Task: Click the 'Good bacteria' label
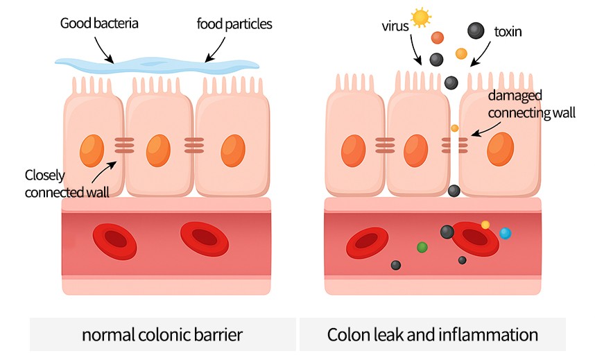coord(100,24)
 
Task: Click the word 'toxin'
coord(508,31)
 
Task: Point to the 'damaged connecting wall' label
coord(532,103)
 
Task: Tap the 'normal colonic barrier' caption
coord(162,335)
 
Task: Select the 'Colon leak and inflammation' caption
coord(433,335)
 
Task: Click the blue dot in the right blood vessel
coord(506,233)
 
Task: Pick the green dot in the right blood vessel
coord(422,246)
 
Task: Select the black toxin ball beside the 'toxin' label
coord(476,31)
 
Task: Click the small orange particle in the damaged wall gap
coord(454,128)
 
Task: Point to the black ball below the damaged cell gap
coord(454,190)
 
